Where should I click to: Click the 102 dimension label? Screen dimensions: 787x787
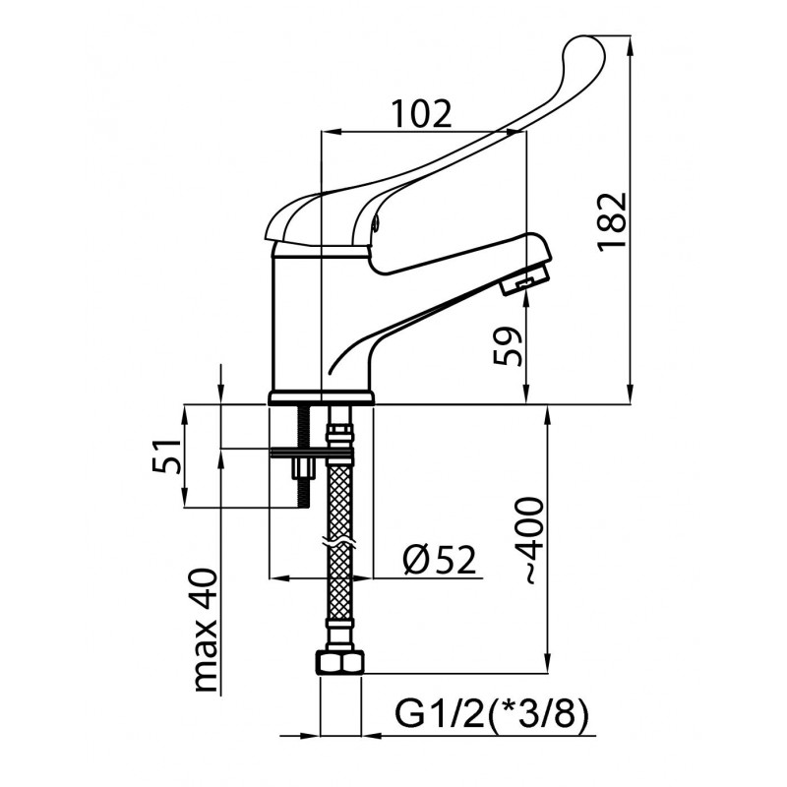(x=422, y=114)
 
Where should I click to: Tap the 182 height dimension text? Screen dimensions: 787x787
(x=612, y=220)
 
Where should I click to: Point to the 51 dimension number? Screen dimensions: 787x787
(x=166, y=455)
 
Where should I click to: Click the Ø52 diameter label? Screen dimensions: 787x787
(x=439, y=560)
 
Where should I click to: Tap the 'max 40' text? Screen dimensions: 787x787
(x=206, y=631)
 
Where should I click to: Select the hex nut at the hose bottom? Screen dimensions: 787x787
(x=339, y=662)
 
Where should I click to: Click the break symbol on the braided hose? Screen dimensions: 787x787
(x=339, y=544)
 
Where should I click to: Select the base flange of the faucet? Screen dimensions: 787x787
(x=322, y=398)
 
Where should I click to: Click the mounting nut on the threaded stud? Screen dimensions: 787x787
(x=304, y=469)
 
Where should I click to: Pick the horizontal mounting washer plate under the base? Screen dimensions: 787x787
(x=312, y=454)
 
